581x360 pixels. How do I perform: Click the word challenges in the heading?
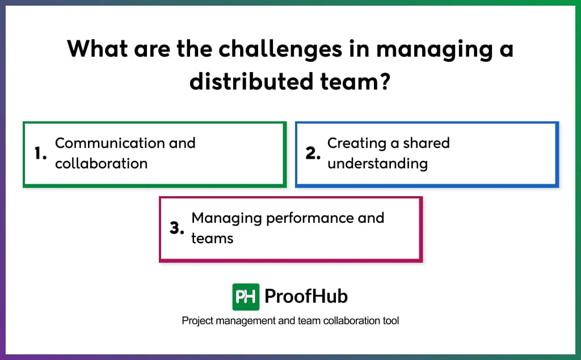(280, 49)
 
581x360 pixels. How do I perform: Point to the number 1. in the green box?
(40, 154)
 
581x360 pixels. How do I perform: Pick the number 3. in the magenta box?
(177, 228)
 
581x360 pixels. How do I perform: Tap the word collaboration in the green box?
(101, 164)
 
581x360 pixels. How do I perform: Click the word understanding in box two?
(377, 164)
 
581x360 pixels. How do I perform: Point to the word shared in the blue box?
(426, 143)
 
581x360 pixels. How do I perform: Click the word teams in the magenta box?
(212, 239)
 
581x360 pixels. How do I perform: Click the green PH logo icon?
(246, 297)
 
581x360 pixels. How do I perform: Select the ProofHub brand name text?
(306, 297)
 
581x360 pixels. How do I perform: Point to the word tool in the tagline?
(391, 321)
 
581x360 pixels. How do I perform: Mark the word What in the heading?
(96, 49)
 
